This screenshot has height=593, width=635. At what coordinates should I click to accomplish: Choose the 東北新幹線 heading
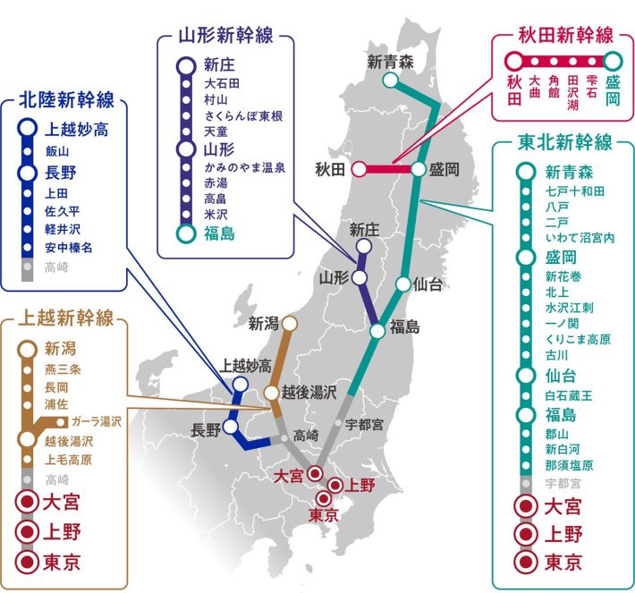coord(564,142)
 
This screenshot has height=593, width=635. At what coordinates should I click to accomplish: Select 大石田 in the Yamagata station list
coord(223,83)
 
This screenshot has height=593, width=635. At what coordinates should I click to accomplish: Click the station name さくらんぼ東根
coord(243,115)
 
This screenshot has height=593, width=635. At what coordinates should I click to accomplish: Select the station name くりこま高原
coord(577,339)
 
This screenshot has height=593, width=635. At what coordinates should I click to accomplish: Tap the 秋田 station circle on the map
coord(359,168)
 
